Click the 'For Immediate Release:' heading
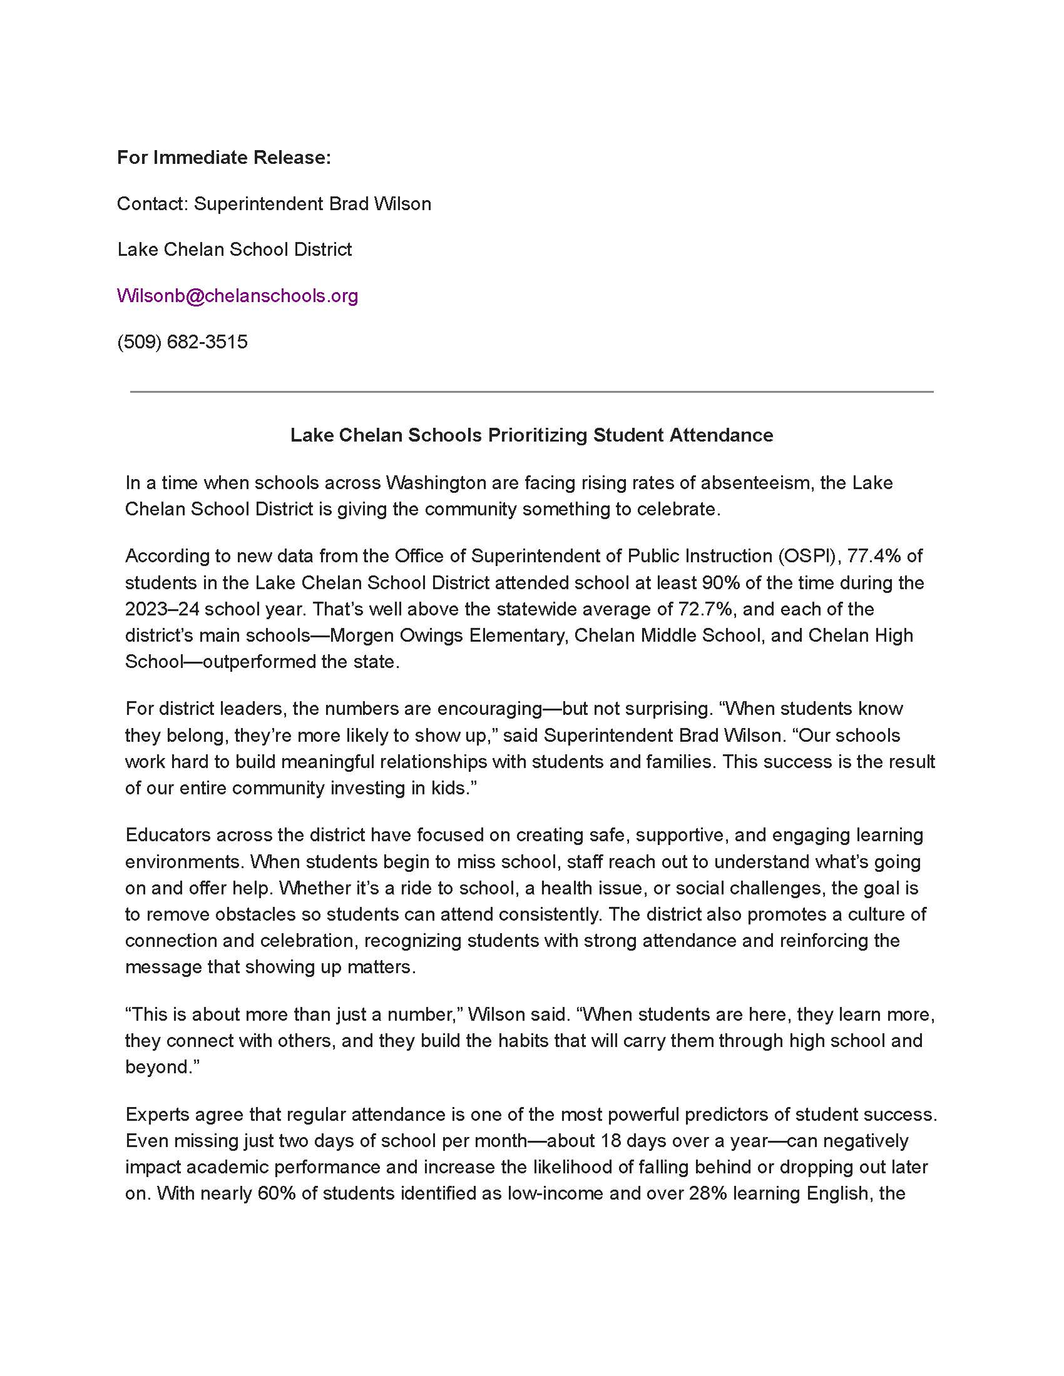224,158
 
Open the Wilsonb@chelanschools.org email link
238,295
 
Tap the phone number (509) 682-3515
182,342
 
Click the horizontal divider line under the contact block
531,392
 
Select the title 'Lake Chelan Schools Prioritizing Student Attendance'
531,435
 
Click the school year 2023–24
162,609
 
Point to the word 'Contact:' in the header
153,204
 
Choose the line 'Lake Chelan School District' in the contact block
235,250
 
